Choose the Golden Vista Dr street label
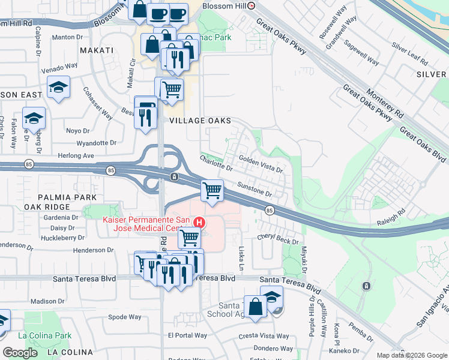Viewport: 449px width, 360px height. (261, 164)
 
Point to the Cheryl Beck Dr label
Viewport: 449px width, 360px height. (277, 239)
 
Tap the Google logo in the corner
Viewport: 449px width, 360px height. (20, 353)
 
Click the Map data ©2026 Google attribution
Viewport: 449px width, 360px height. (411, 355)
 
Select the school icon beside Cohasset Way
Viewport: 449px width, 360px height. (58, 88)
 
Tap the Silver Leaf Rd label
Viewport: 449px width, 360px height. (409, 53)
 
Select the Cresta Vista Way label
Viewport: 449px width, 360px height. (260, 335)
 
